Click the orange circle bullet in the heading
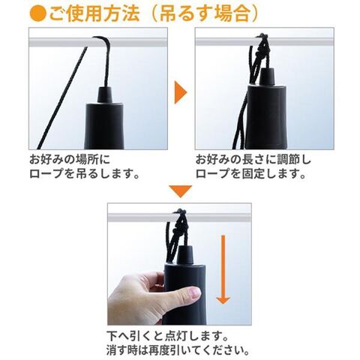(37, 13)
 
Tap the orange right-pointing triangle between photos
(181, 92)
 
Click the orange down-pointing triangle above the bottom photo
(180, 191)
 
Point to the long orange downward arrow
(223, 269)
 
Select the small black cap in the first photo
(105, 94)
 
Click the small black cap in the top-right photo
(268, 76)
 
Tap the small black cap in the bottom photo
(185, 254)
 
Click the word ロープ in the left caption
(46, 174)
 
